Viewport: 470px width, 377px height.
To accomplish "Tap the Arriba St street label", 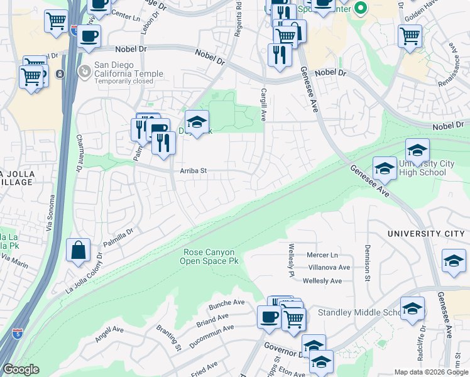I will tap(194, 170).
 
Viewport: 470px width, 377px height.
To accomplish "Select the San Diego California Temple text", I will tap(128, 69).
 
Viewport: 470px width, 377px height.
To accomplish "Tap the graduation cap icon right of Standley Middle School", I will tap(412, 309).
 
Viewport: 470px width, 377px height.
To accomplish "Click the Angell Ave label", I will tap(109, 333).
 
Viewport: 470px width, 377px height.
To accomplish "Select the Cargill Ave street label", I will tap(264, 104).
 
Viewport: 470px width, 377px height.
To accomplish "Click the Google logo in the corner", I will tap(21, 369).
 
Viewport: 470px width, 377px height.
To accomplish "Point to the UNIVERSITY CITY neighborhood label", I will tap(427, 234).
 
